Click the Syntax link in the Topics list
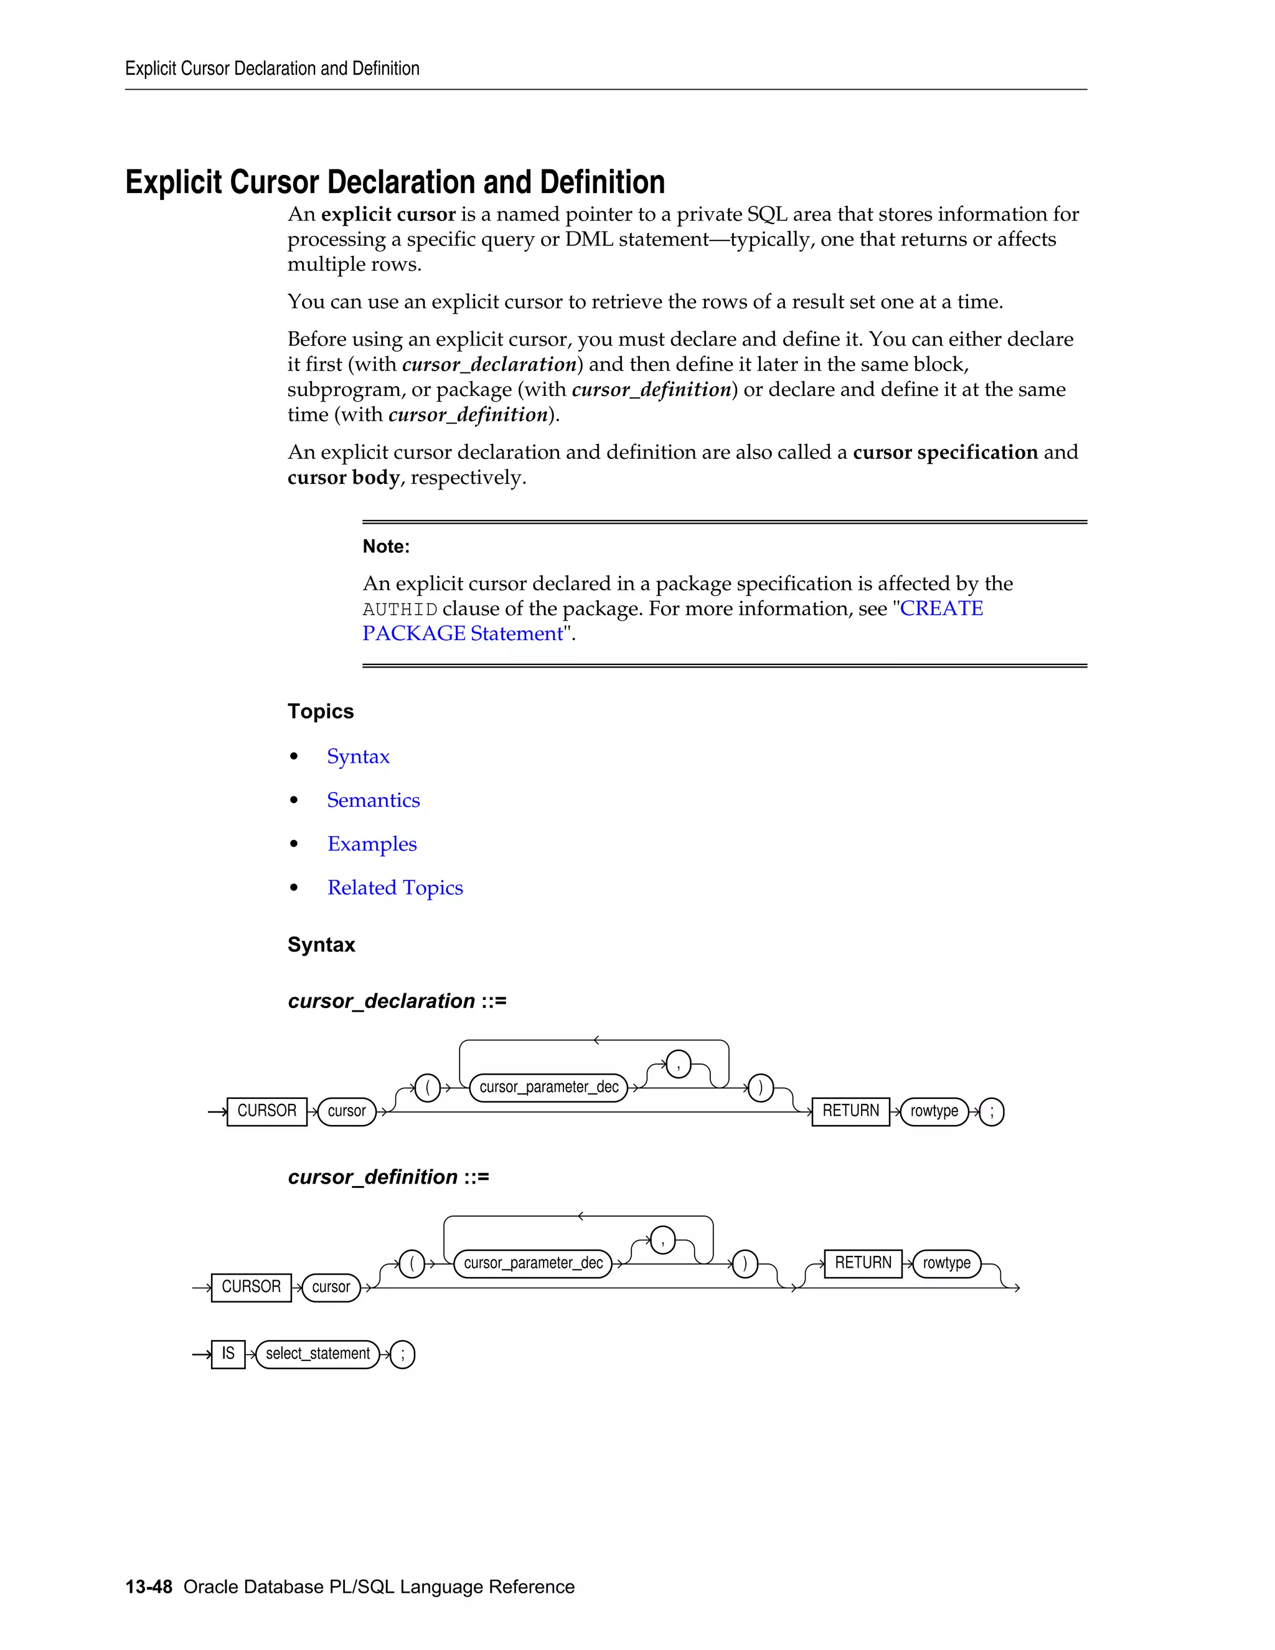coord(358,757)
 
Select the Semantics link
coord(373,800)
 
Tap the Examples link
coord(372,844)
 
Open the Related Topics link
coord(395,888)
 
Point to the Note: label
coord(386,546)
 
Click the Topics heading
coord(320,712)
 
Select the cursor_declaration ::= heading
coord(397,1001)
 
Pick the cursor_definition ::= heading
coord(388,1177)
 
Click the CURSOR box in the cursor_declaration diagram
coord(266,1111)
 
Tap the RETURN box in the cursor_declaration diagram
coord(850,1111)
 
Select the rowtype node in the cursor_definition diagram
coord(946,1263)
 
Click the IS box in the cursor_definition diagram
coord(228,1354)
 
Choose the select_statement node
coord(318,1354)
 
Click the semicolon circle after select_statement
coord(403,1355)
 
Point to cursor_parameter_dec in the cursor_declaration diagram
coord(548,1088)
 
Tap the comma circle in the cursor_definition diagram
coord(662,1240)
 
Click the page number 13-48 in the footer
coord(149,1586)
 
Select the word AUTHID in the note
coord(400,610)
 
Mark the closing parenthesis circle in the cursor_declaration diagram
coord(761,1088)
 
